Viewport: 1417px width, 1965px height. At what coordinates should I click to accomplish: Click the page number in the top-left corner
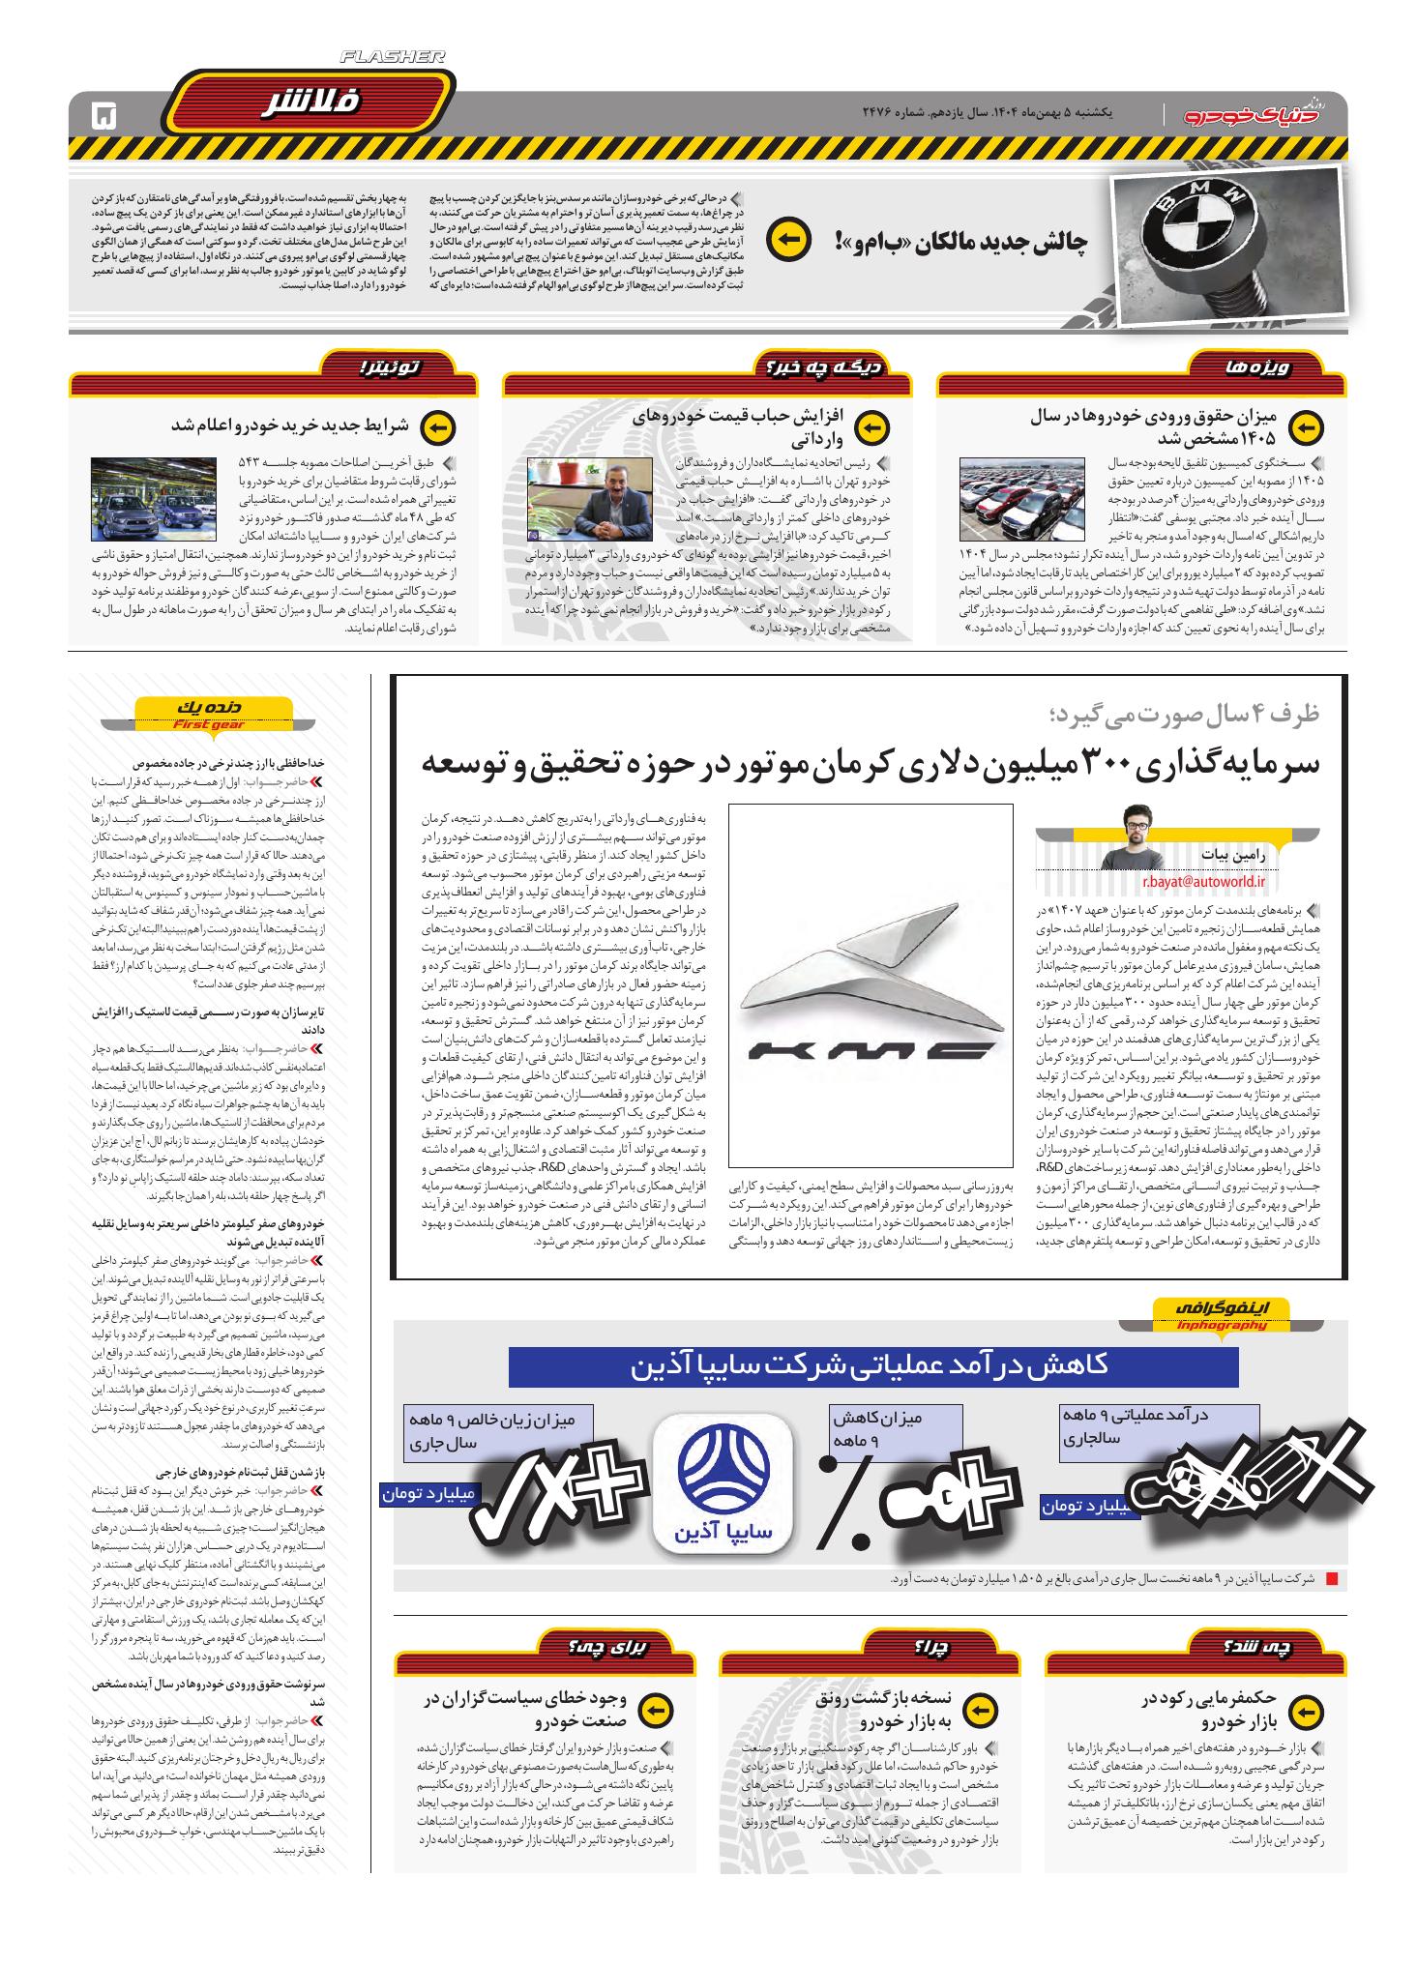(103, 116)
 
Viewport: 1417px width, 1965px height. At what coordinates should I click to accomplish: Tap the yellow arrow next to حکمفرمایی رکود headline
(1305, 1709)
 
